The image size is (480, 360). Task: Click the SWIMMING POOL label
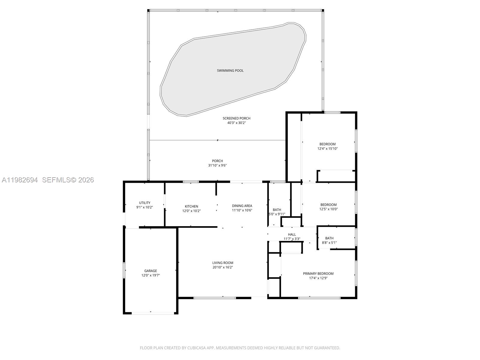click(x=230, y=70)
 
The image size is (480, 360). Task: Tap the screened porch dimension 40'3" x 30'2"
click(x=236, y=123)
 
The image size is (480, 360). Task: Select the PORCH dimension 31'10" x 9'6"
click(x=217, y=165)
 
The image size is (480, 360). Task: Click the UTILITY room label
click(x=145, y=203)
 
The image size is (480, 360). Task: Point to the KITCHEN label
click(x=191, y=206)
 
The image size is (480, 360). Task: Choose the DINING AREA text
click(x=242, y=206)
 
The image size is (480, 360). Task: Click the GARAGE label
click(x=150, y=271)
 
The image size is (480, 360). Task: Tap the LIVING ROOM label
click(x=223, y=263)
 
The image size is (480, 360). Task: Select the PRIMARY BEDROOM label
click(x=318, y=274)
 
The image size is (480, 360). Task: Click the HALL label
click(x=292, y=235)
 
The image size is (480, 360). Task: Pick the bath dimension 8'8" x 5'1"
click(x=329, y=243)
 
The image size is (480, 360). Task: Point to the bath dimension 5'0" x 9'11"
click(x=277, y=214)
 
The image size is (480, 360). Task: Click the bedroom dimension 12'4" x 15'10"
click(x=327, y=148)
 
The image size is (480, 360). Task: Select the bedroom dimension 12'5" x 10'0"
click(x=328, y=209)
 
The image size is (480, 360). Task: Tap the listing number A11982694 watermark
click(x=20, y=180)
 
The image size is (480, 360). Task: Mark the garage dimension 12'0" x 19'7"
click(x=150, y=275)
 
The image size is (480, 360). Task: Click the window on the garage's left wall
click(x=124, y=270)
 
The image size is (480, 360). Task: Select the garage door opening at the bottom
click(x=153, y=313)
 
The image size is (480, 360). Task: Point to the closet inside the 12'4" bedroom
click(x=336, y=176)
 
